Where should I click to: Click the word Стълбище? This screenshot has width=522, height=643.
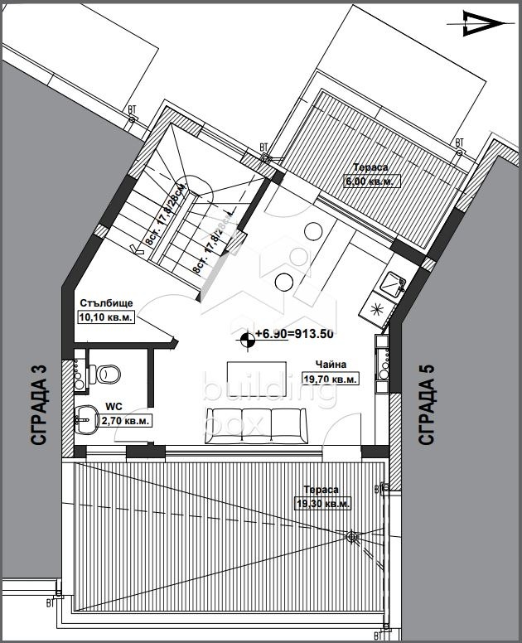click(107, 303)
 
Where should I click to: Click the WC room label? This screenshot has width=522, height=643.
click(114, 408)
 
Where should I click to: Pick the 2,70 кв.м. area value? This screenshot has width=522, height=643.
click(125, 421)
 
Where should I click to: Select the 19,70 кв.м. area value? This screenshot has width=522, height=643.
click(331, 379)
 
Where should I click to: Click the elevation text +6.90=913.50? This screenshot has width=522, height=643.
click(295, 334)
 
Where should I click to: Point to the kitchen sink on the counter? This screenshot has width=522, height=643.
click(389, 287)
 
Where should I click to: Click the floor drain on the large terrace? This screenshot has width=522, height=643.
click(351, 536)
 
